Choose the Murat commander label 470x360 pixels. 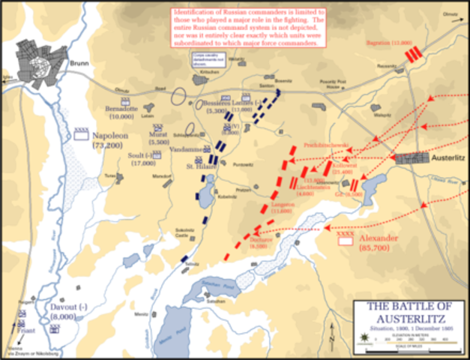pyautogui.click(x=160, y=134)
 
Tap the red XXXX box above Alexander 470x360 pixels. pyautogui.click(x=346, y=235)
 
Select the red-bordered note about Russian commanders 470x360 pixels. pyautogui.click(x=249, y=28)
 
